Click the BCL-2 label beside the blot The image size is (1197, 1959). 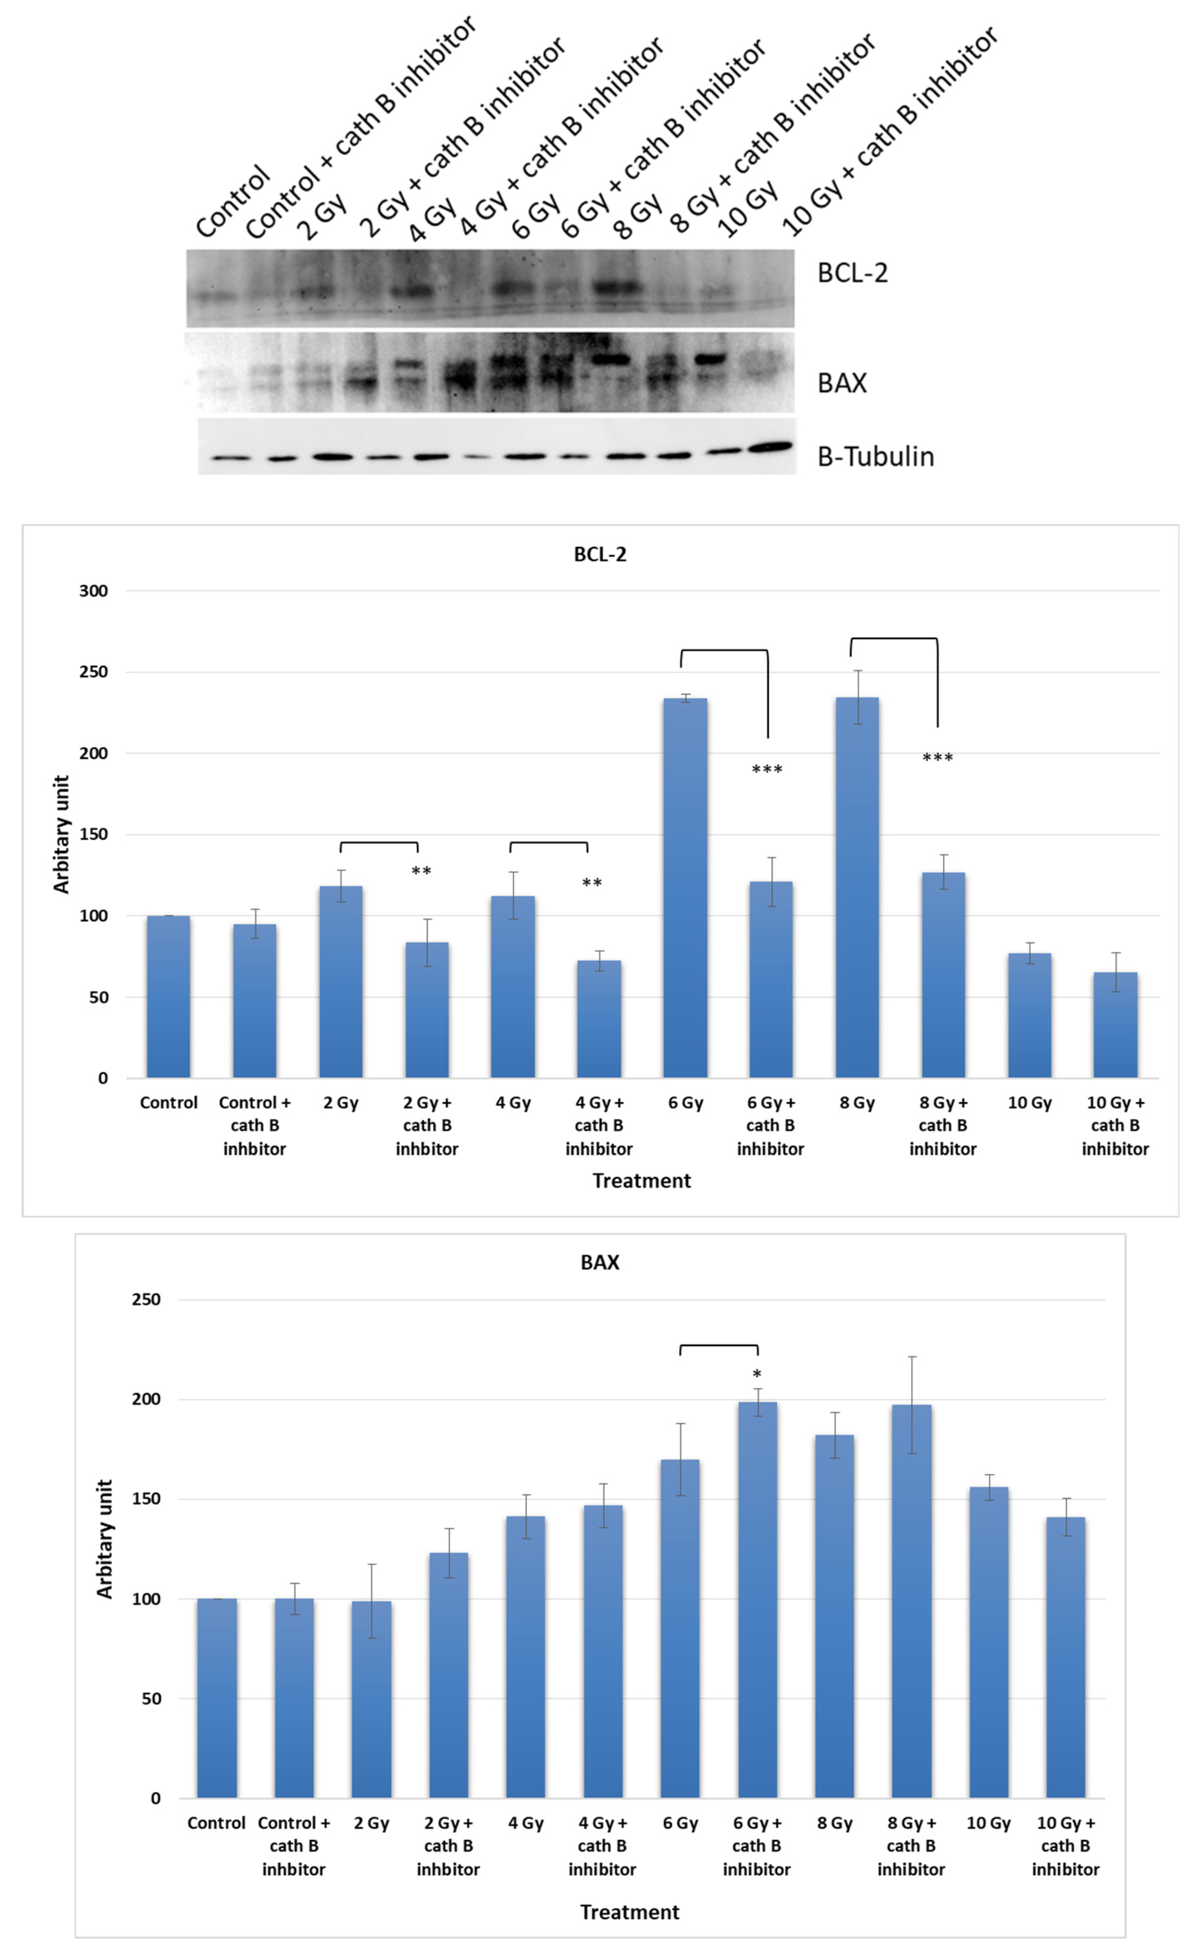(852, 273)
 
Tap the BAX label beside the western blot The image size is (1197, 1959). (842, 383)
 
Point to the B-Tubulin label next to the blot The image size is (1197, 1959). (875, 456)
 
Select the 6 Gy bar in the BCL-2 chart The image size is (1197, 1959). (685, 887)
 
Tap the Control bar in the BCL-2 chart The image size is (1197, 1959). (169, 996)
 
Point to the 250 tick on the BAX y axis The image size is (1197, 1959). (147, 1299)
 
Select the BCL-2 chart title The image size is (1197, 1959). (600, 554)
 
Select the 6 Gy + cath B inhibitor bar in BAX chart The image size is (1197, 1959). (757, 1598)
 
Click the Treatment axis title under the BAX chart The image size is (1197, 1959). (629, 1912)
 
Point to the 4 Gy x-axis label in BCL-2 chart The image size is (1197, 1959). (513, 1103)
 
